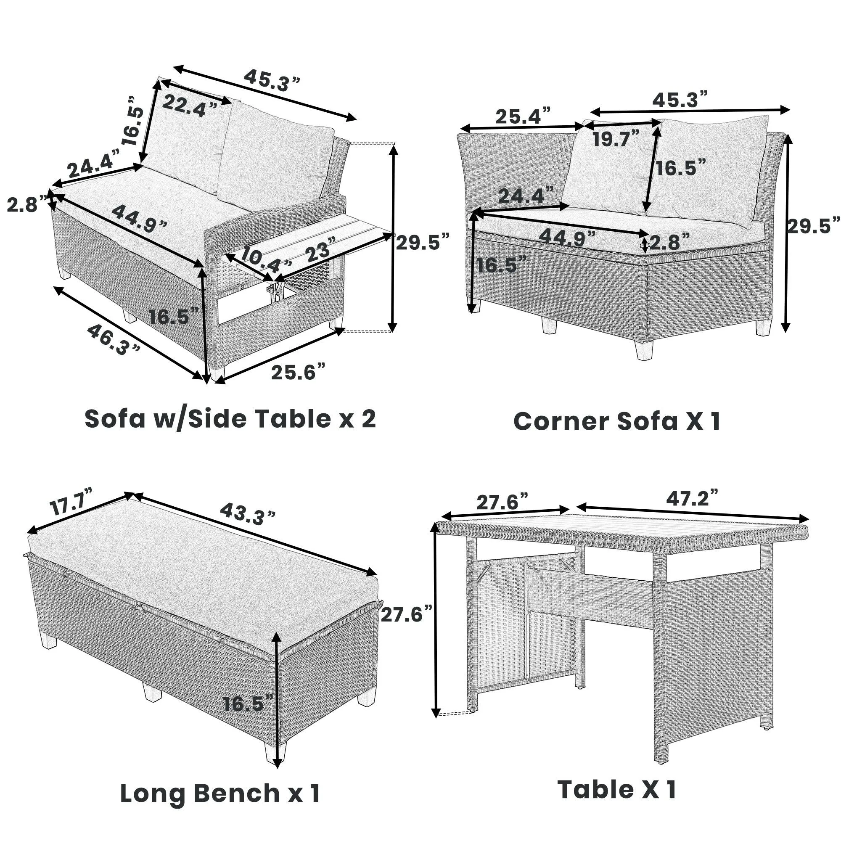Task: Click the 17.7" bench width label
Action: [x=71, y=506]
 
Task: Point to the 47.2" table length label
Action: [x=692, y=497]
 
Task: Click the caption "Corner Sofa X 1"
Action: [x=617, y=421]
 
